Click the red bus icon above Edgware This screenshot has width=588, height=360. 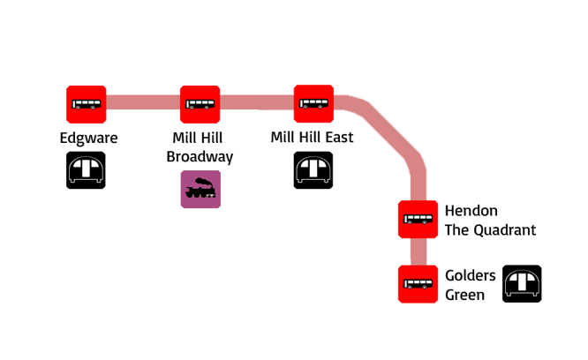[87, 104]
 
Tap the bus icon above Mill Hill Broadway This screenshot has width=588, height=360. [200, 104]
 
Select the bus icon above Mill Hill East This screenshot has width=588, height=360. [313, 104]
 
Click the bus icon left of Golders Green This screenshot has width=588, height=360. [418, 284]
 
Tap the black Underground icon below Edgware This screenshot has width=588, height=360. [87, 169]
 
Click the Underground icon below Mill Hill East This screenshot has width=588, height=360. [313, 169]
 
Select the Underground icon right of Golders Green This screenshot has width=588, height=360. [522, 283]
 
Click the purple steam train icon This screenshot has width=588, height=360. [200, 188]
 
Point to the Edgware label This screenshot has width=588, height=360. [88, 139]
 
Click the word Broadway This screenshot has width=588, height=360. [200, 157]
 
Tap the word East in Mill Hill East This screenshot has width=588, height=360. [338, 138]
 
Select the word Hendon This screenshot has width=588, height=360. [471, 212]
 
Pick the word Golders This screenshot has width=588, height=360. [471, 276]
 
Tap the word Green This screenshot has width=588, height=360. [464, 295]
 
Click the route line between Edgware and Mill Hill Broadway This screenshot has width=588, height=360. [143, 103]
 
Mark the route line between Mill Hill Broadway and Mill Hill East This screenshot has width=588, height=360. [257, 103]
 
